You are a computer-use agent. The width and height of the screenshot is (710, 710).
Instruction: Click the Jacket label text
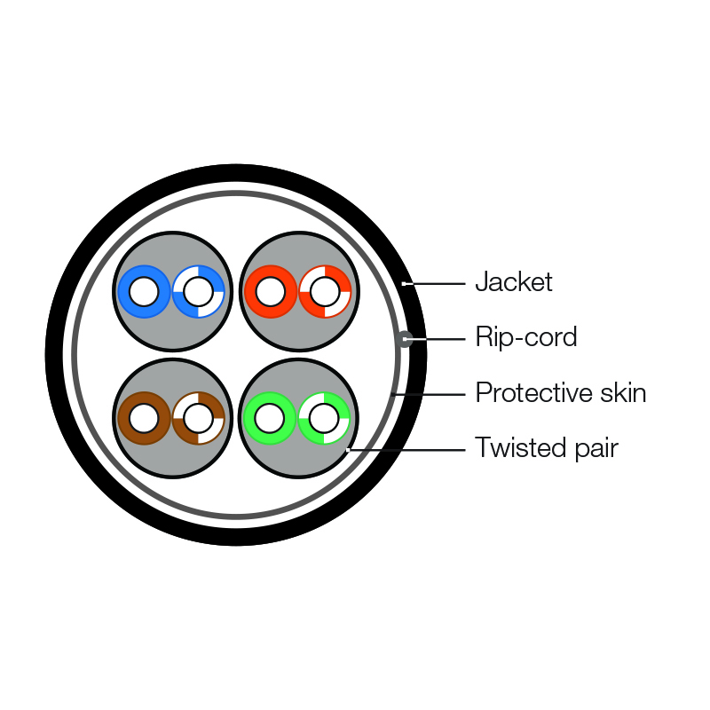click(513, 282)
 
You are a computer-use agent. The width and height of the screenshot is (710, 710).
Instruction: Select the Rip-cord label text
click(525, 337)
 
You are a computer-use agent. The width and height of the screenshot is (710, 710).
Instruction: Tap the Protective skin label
click(560, 392)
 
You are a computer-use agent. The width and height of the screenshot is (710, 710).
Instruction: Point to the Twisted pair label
click(546, 448)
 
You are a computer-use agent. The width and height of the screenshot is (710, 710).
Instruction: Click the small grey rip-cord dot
click(405, 338)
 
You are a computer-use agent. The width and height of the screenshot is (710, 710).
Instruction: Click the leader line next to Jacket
click(435, 284)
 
